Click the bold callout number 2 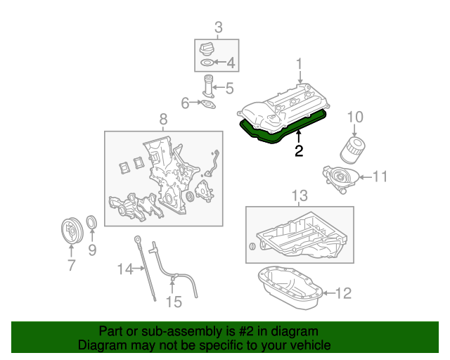pos(299,150)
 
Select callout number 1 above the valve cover pos(300,64)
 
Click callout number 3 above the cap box pos(218,28)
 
